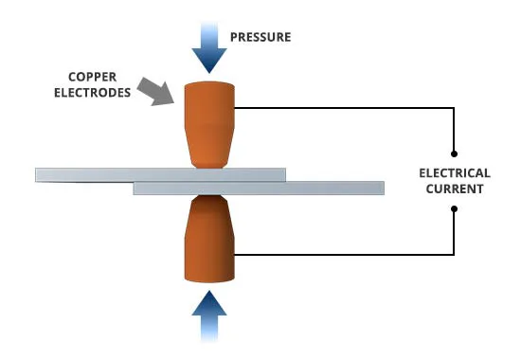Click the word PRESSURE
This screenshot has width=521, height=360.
260,37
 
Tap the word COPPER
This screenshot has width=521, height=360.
93,77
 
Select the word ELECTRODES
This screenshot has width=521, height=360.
93,93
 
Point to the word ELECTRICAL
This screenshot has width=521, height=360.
455,173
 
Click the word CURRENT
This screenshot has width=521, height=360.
455,189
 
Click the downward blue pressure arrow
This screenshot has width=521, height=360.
209,47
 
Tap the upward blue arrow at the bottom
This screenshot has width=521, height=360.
209,316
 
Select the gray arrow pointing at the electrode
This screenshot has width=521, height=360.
155,92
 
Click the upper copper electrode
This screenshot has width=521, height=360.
209,125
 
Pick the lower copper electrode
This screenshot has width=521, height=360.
209,239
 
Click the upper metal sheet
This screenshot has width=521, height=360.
160,175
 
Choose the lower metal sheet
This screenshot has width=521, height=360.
259,189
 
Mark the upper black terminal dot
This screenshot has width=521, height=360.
454,153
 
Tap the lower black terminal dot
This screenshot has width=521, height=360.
454,208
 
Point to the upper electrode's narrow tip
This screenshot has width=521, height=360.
209,165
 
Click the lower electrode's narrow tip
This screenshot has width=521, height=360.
209,198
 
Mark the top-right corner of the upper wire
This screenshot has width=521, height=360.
454,108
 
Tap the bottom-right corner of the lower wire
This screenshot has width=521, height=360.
454,255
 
